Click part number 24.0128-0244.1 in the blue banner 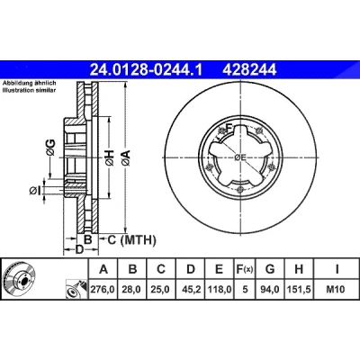tap(147, 70)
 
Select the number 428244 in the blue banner tap(249, 70)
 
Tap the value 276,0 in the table tap(103, 290)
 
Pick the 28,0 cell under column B tap(132, 290)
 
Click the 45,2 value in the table tap(191, 290)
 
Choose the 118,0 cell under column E tap(220, 290)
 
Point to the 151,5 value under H tap(299, 290)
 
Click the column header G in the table tap(270, 269)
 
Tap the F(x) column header tap(245, 269)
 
